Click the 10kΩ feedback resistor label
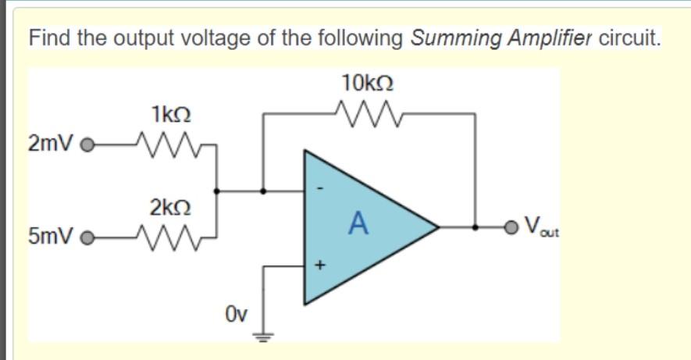(367, 82)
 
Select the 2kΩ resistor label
(169, 209)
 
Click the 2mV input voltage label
(50, 144)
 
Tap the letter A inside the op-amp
(357, 224)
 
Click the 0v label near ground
(237, 314)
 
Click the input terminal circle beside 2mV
(88, 145)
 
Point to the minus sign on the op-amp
(318, 188)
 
